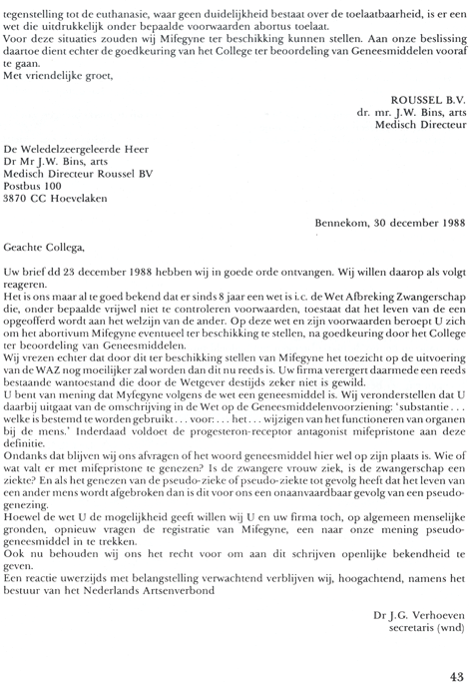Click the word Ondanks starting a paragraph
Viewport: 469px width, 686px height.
pyautogui.click(x=28, y=459)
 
